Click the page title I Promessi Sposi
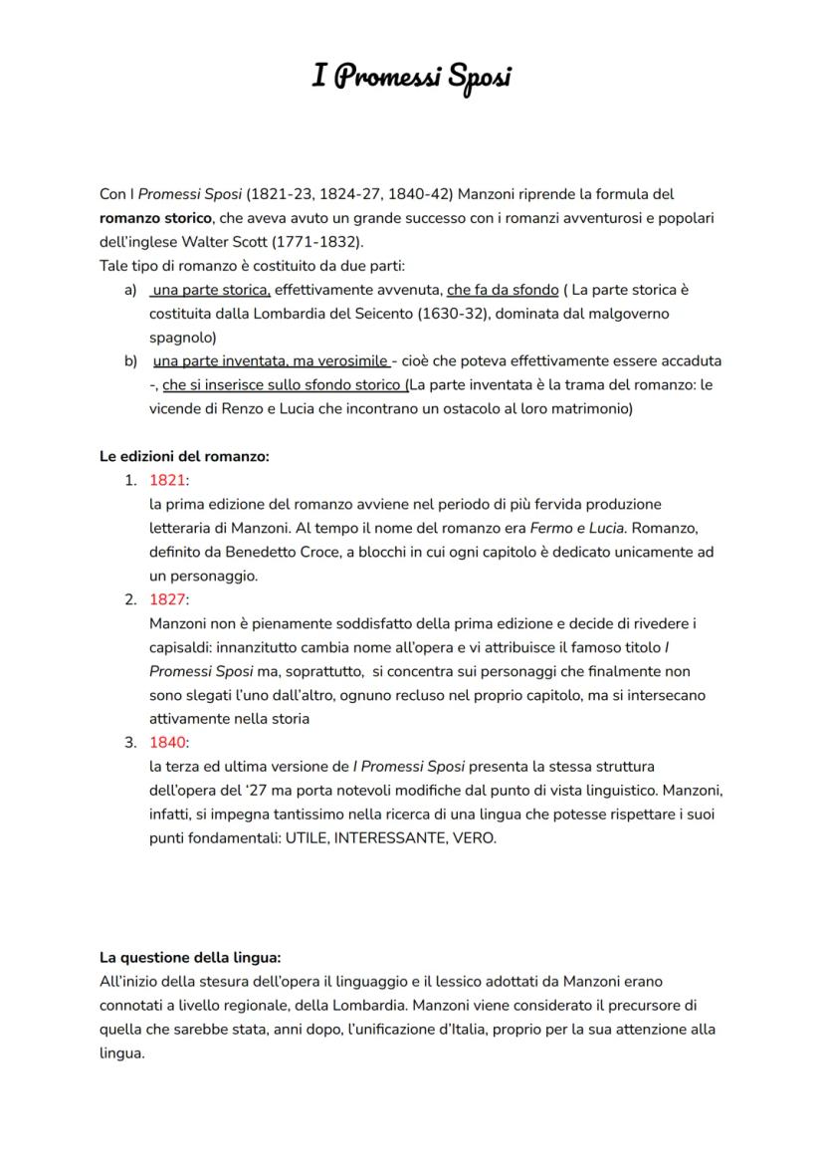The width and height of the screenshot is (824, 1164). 411,77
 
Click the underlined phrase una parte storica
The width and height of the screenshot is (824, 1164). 210,290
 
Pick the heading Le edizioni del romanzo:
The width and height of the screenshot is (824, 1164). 184,457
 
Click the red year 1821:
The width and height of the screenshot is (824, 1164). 169,481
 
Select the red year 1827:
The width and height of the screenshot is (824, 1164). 169,599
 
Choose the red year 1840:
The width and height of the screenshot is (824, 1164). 169,743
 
